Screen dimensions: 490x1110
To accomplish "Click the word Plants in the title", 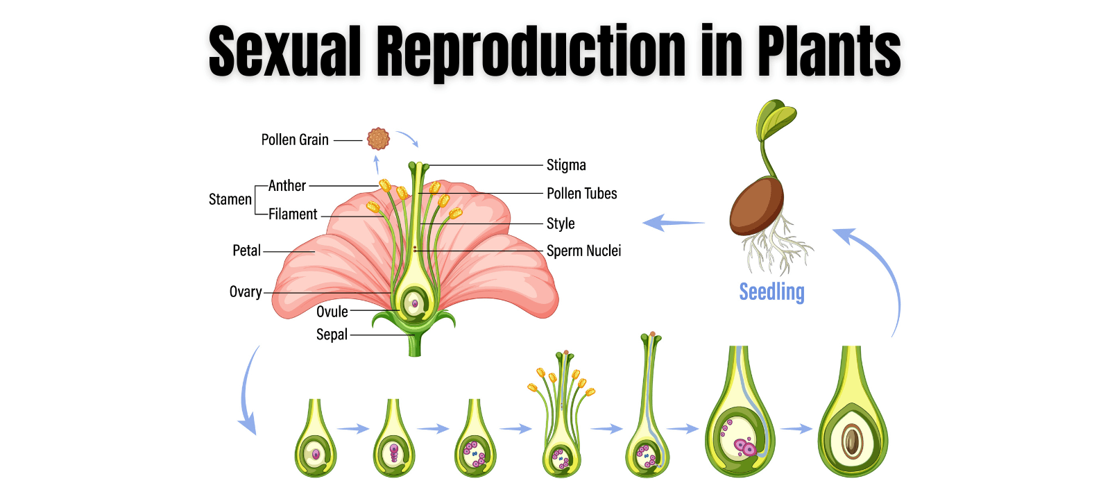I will (828, 51).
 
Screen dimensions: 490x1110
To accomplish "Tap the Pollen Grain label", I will (295, 140).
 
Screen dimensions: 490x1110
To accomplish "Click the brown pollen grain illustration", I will (378, 139).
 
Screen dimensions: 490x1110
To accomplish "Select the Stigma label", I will (566, 165).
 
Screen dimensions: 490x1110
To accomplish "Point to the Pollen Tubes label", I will (581, 194).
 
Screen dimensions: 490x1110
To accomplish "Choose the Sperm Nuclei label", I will (583, 251).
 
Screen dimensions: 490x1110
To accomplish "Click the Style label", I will (561, 223).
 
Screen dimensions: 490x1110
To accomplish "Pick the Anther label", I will (287, 185).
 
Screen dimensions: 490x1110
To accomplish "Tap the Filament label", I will (293, 214).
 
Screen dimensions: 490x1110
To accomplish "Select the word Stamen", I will (230, 200).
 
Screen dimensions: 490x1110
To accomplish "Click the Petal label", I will (246, 251).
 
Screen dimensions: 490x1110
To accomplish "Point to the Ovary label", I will (246, 292).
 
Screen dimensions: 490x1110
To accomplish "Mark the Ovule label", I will (332, 312).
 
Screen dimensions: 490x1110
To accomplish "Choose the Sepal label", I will (332, 335).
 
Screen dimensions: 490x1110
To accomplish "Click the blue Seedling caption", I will (771, 292).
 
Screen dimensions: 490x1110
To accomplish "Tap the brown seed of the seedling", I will (756, 207).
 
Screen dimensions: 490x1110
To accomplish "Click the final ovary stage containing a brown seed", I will (853, 430).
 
